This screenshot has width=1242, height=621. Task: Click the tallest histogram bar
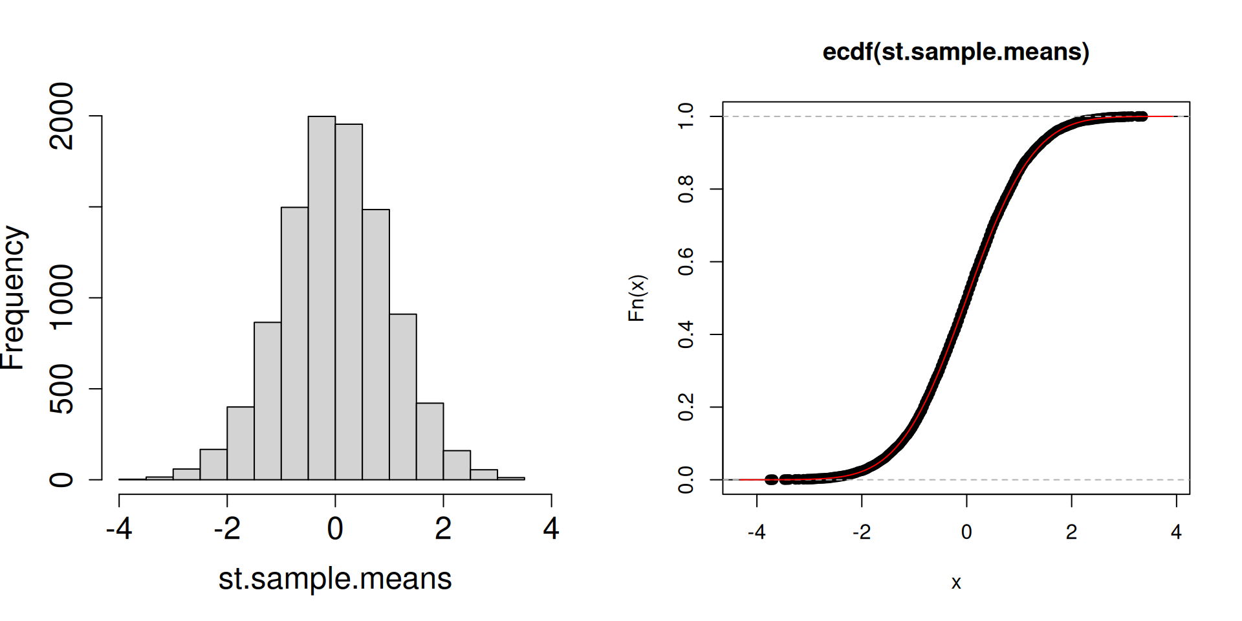tap(321, 298)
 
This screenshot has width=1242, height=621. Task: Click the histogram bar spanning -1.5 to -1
tap(267, 401)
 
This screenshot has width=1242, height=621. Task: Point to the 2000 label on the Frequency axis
tap(62, 116)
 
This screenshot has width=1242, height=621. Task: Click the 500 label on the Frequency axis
tap(62, 389)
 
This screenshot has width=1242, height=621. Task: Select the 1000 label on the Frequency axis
tap(62, 298)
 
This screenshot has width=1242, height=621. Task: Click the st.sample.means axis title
tap(335, 578)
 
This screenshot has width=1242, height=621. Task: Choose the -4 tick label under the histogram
tap(119, 529)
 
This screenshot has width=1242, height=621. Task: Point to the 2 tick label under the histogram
tap(443, 529)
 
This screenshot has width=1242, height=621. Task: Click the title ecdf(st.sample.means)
tap(955, 52)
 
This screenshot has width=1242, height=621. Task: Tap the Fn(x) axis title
tap(637, 298)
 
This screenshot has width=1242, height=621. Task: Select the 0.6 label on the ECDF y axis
tap(686, 262)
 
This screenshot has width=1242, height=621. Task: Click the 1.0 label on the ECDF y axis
tap(686, 116)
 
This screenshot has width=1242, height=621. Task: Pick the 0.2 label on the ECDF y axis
tap(686, 408)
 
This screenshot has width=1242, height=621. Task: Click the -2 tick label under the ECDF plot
tap(861, 532)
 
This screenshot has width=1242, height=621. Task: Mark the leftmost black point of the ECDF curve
tap(770, 479)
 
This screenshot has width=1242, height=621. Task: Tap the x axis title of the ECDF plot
tap(956, 583)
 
